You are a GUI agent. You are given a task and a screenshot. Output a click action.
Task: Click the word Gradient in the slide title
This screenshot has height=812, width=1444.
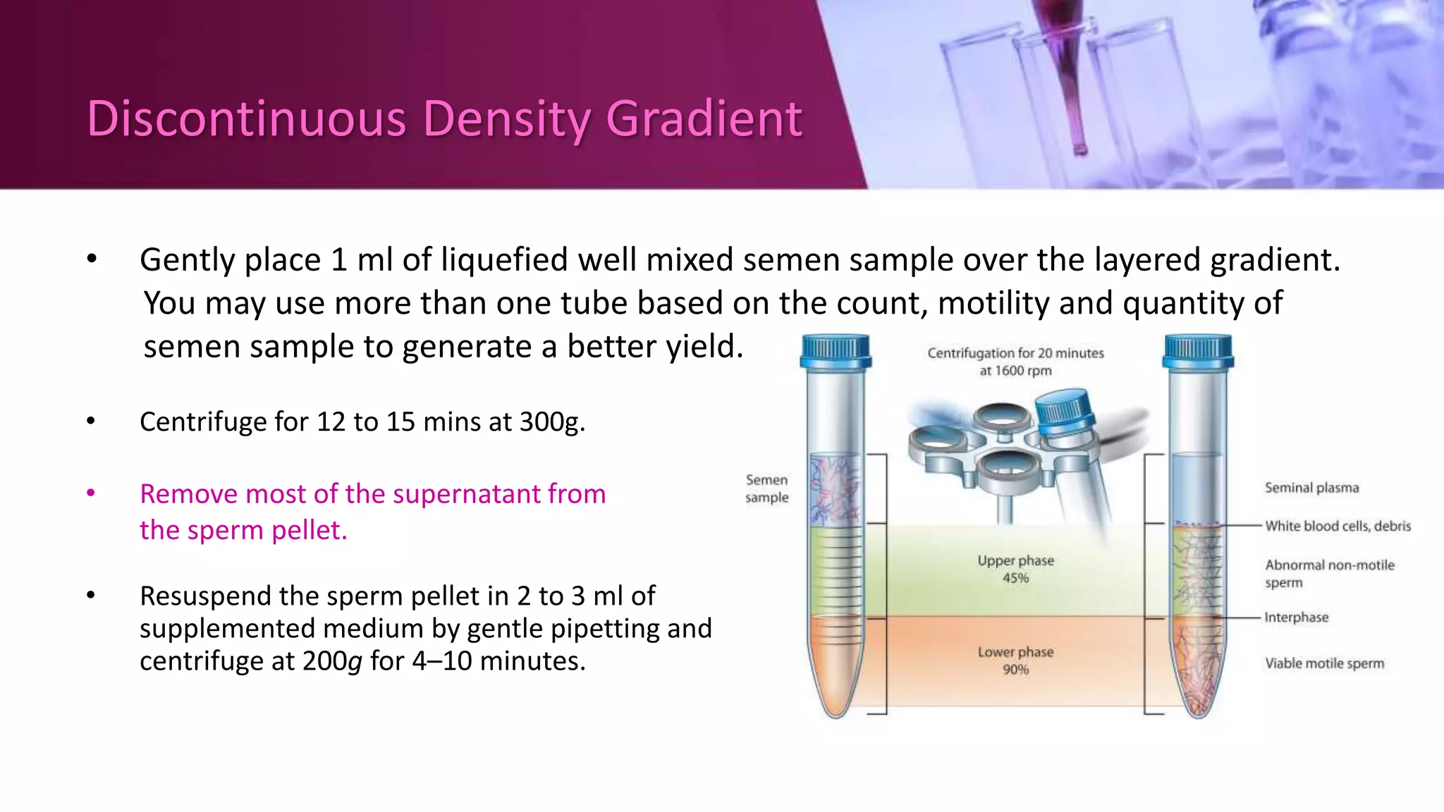[704, 118]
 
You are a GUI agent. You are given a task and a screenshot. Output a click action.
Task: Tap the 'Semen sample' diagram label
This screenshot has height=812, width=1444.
[766, 488]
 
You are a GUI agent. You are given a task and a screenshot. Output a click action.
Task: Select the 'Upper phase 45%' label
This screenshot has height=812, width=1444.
[1015, 569]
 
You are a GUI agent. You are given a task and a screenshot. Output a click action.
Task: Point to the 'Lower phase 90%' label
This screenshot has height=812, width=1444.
[1015, 660]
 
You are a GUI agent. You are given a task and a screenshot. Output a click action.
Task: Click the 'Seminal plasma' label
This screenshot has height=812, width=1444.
[1311, 488]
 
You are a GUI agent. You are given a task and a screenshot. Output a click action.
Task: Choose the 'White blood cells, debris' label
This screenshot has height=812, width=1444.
[1338, 526]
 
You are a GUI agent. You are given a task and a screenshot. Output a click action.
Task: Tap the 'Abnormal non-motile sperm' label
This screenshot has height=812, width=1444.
[1329, 573]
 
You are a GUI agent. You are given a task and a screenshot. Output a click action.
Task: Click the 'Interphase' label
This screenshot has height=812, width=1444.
[1296, 617]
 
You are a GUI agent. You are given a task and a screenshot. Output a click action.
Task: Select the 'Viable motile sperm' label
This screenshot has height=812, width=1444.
[1324, 663]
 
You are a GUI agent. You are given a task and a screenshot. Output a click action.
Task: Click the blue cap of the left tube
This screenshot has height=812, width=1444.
[836, 351]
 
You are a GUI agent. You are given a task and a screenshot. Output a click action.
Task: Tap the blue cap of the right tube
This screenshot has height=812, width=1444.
[1198, 351]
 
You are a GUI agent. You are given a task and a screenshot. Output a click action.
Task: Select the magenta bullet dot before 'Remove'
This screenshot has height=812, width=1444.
[91, 493]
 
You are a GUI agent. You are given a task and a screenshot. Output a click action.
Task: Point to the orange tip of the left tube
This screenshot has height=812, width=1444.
[836, 687]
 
